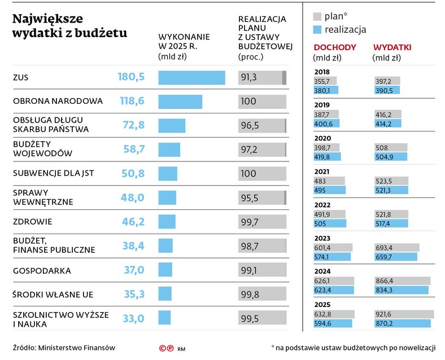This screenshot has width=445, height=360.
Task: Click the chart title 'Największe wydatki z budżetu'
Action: (69, 26)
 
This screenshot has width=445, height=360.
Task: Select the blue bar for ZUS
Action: (191, 77)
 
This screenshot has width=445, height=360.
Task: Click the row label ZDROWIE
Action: (32, 222)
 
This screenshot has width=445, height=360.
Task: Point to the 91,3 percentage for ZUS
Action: (248, 77)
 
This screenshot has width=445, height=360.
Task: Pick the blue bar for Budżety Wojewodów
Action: (169, 150)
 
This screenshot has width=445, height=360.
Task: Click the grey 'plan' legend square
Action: (317, 16)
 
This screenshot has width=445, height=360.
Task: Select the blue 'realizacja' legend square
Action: (317, 29)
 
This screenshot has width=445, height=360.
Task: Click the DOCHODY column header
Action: (334, 47)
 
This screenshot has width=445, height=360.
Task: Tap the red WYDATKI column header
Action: (392, 47)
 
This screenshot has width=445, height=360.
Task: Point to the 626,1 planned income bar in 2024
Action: (333, 280)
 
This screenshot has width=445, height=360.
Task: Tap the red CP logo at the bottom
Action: (166, 349)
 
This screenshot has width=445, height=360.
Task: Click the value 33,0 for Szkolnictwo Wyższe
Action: (133, 319)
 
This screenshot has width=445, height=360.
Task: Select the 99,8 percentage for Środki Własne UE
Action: (250, 294)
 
